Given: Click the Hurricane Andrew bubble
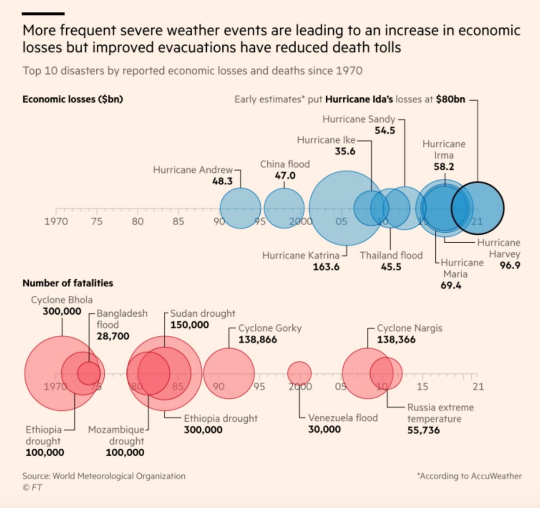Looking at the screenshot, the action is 240,208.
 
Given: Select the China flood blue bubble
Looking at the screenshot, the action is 284,208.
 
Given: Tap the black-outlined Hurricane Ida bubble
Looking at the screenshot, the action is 478,208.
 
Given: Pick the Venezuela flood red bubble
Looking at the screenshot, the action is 300,373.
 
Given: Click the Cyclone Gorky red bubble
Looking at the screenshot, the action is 229,373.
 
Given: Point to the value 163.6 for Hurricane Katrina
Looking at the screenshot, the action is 326,267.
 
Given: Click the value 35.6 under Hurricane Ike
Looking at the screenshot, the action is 345,151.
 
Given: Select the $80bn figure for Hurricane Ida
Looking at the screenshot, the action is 450,99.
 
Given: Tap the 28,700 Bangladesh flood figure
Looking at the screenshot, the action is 113,336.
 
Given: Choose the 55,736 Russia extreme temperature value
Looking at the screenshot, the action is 424,430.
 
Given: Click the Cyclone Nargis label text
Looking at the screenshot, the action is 410,328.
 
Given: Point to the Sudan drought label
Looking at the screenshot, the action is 203,313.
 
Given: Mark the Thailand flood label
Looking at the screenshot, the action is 391,255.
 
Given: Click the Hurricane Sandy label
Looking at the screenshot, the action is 359,119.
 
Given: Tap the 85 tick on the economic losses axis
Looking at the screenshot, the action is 178,222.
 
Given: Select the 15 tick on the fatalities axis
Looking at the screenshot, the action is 422,387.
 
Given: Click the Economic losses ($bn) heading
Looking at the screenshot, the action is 73,99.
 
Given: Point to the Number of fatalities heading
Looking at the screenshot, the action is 67,283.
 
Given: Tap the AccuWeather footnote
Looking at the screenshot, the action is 470,476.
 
